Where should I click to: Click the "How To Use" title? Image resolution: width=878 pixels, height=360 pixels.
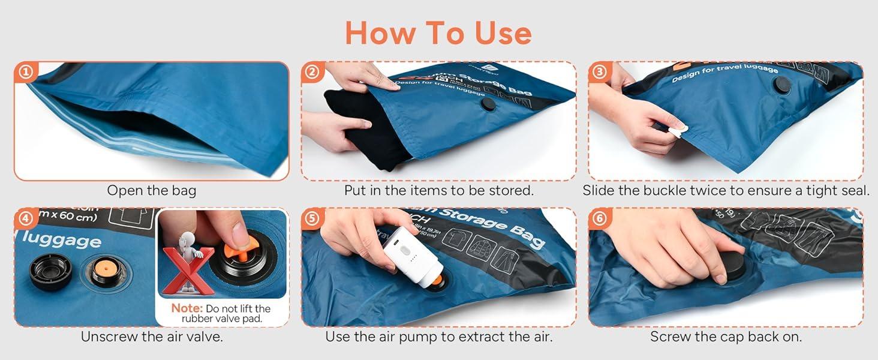(438, 33)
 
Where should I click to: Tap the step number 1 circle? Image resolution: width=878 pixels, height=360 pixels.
(25, 73)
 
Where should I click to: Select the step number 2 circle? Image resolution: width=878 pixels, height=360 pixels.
(312, 73)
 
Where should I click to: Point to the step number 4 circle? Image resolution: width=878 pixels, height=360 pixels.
(25, 218)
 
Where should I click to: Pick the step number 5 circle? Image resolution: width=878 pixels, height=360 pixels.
(312, 218)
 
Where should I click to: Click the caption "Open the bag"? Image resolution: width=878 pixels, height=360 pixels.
(151, 191)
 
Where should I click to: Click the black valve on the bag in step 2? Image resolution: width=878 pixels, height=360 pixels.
(489, 103)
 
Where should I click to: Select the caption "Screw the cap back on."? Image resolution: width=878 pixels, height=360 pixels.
(726, 337)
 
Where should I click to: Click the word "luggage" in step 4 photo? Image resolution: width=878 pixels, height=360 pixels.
(62, 241)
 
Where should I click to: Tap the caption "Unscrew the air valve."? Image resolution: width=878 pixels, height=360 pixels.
(152, 337)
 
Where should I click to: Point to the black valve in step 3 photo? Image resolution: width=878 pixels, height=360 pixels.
(781, 85)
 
